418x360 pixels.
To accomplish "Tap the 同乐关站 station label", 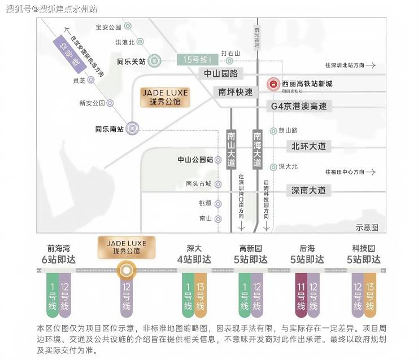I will [x=131, y=62].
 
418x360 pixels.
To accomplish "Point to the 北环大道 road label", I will [x=308, y=146].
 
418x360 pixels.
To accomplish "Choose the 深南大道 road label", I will [x=308, y=190].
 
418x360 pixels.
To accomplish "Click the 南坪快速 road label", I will [x=237, y=92].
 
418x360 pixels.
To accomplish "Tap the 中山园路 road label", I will [x=221, y=73].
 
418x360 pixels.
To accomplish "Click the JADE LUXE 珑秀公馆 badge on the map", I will [x=166, y=97].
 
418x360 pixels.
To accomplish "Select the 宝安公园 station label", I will [x=108, y=27].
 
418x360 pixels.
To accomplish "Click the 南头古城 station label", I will [x=198, y=183].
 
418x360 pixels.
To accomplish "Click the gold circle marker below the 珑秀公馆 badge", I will [x=126, y=271].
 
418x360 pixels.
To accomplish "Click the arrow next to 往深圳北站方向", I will [x=371, y=65].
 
